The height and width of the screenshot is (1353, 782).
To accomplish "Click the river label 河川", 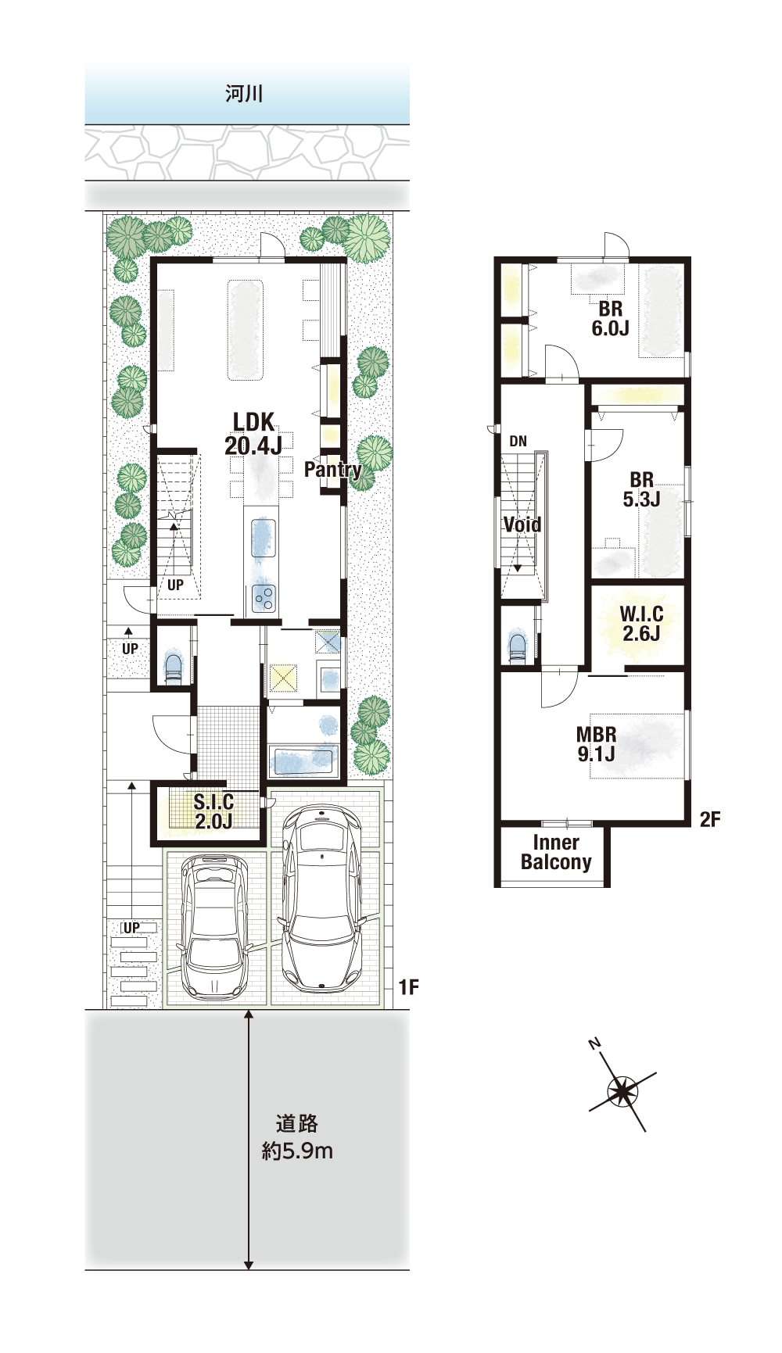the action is pyautogui.click(x=244, y=94).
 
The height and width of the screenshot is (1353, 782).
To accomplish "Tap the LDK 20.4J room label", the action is pyautogui.click(x=253, y=434).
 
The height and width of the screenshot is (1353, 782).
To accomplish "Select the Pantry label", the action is pyautogui.click(x=332, y=469).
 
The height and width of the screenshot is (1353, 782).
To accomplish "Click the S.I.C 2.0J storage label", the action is pyautogui.click(x=213, y=811).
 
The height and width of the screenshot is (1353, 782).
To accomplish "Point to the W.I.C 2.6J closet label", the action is pyautogui.click(x=641, y=624).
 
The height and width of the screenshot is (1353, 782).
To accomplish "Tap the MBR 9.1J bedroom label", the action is pyautogui.click(x=596, y=744).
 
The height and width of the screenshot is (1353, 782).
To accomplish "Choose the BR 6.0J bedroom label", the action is pyautogui.click(x=610, y=318).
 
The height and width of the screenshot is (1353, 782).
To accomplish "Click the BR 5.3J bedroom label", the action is pyautogui.click(x=641, y=489).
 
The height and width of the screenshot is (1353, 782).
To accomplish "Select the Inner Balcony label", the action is pyautogui.click(x=556, y=852).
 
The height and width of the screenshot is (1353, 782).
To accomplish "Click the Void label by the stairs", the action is pyautogui.click(x=522, y=524).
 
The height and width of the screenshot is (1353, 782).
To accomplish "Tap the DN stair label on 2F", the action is pyautogui.click(x=518, y=442).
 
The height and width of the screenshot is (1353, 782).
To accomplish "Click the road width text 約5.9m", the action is pyautogui.click(x=297, y=1151).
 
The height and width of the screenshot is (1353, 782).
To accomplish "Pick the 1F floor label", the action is pyautogui.click(x=408, y=987).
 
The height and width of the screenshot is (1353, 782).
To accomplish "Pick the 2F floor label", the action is pyautogui.click(x=710, y=819).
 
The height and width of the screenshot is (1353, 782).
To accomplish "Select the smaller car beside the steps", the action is pyautogui.click(x=213, y=926).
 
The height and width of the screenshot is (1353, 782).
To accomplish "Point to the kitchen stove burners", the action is pyautogui.click(x=264, y=599).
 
